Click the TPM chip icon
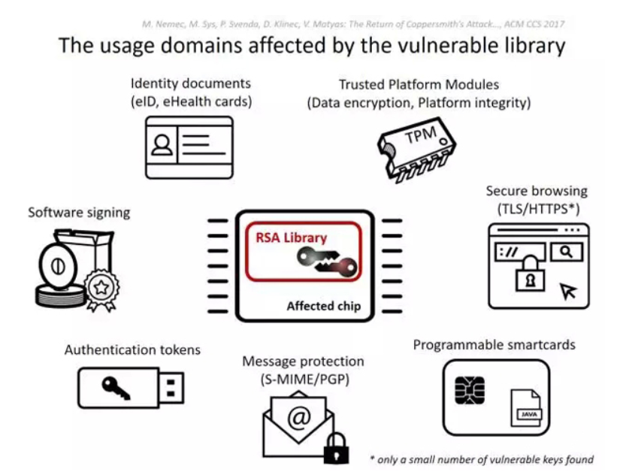click(416, 150)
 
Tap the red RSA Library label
click(291, 237)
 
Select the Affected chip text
click(323, 306)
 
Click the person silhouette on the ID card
click(162, 145)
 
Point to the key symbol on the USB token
click(116, 388)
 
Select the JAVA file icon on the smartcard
click(526, 407)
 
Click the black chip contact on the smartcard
click(470, 390)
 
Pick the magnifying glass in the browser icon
click(566, 252)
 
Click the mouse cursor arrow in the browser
click(568, 291)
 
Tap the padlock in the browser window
click(531, 274)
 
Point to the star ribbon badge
click(101, 289)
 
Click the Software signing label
click(79, 213)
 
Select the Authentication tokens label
click(132, 349)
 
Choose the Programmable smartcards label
click(495, 345)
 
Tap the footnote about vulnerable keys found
click(482, 459)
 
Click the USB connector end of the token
click(171, 388)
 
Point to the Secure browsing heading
click(537, 191)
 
